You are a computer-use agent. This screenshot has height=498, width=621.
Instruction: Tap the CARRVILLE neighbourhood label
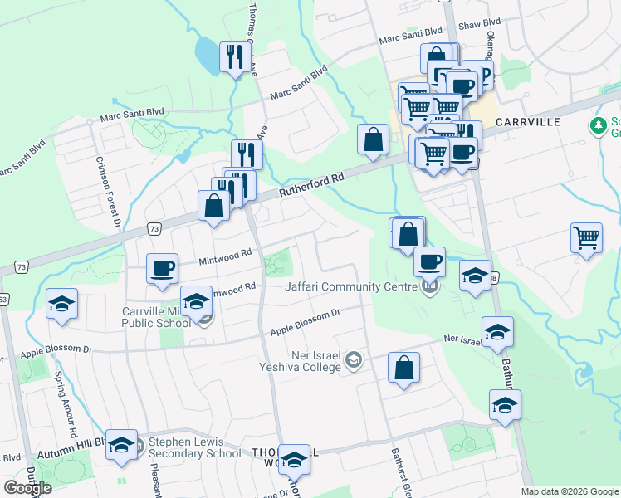point(527,122)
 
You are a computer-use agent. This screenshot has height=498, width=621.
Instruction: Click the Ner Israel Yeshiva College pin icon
point(355,359)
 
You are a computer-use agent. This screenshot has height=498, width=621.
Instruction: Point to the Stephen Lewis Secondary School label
point(194,448)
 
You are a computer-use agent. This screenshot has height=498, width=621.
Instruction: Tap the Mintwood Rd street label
point(224,257)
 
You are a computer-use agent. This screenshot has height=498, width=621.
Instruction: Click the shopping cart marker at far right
point(586,237)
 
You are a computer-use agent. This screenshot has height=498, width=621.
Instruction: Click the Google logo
point(27,488)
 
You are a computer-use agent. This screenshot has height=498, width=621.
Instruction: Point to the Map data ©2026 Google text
point(569,491)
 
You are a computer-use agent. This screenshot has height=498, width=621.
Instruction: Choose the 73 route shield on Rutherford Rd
point(154,228)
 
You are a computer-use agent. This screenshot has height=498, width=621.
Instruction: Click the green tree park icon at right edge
point(597,126)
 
